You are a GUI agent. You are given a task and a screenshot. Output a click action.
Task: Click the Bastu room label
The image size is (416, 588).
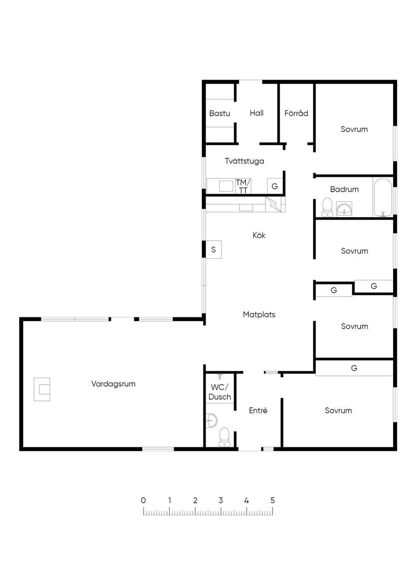(x=219, y=113)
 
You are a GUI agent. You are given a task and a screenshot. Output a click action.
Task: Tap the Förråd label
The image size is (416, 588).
(x=296, y=113)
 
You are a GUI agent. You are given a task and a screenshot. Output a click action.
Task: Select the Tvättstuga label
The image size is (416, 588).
(x=244, y=161)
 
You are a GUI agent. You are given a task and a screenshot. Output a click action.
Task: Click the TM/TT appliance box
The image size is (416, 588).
(x=243, y=186)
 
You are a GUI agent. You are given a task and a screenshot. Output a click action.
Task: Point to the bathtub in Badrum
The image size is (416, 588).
(x=383, y=197)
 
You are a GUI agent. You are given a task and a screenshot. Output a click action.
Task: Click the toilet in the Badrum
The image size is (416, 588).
(x=327, y=207)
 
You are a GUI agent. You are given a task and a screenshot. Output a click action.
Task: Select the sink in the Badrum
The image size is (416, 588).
(x=344, y=209)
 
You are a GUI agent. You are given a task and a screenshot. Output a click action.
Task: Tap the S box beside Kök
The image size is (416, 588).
(x=213, y=249)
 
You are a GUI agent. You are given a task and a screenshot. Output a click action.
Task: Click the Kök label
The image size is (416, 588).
(x=259, y=235)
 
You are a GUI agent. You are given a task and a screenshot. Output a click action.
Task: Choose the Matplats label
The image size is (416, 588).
(x=259, y=314)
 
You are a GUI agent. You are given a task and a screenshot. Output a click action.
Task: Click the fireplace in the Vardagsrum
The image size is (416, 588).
(x=42, y=389)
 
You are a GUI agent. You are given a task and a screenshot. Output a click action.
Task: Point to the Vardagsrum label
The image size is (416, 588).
(x=113, y=384)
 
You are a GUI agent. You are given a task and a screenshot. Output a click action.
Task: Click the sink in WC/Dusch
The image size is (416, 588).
(x=211, y=420)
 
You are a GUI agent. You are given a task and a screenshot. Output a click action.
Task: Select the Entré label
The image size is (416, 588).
(x=258, y=410)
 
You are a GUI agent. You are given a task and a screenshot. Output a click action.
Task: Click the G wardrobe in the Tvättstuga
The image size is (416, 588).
(x=275, y=186)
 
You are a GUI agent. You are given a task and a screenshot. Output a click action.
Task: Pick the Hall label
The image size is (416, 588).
(x=256, y=113)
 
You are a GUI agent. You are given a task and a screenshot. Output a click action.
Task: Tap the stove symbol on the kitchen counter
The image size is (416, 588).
(x=273, y=204)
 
